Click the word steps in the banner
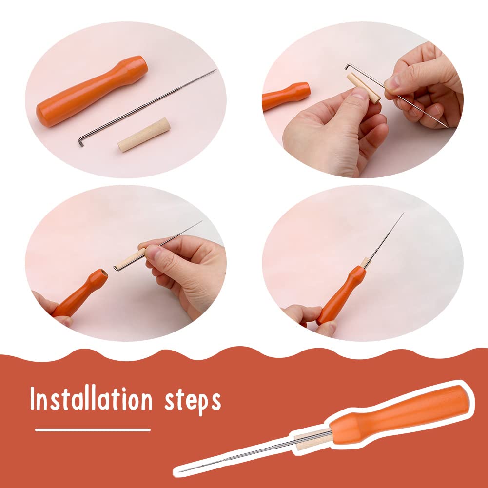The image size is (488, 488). pos(193,401)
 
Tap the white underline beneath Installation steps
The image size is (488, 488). pos(93,430)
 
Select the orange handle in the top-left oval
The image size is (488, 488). pos(92,91)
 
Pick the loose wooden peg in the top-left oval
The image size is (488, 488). pos(144,135)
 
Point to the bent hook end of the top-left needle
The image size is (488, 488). pos(81,141)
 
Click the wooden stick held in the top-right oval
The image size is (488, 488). pos(364,88)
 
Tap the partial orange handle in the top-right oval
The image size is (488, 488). pos(286,96)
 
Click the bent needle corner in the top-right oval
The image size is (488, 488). pos(347,65)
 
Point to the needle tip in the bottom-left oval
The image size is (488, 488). pos(201,221)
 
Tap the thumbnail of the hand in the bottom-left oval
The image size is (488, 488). pos(152,251)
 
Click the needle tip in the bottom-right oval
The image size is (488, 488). pos(403,213)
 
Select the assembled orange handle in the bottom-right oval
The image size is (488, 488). pos(341,295)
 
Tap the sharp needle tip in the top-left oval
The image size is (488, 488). pos(215,69)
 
